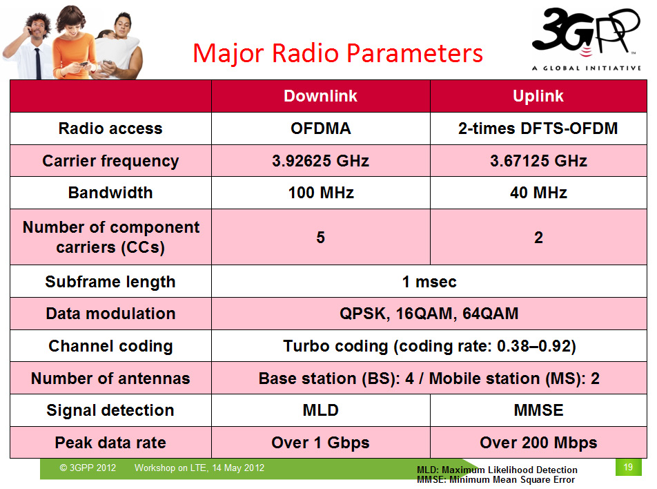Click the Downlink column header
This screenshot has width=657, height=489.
click(320, 96)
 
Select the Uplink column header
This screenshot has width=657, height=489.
click(538, 96)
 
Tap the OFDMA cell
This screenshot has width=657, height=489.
click(320, 128)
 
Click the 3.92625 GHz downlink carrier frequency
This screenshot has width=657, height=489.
click(320, 161)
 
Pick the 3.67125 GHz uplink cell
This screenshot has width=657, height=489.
click(538, 161)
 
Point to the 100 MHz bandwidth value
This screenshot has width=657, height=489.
click(320, 193)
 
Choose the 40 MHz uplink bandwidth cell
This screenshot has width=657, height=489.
click(538, 193)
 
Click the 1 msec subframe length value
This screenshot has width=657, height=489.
click(429, 282)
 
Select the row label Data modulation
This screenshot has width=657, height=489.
click(110, 314)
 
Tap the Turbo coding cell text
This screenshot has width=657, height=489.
click(429, 347)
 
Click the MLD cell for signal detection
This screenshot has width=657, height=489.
click(320, 410)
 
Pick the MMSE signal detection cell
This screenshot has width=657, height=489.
click(538, 410)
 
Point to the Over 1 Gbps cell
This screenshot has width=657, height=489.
click(320, 443)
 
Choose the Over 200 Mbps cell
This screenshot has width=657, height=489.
click(538, 443)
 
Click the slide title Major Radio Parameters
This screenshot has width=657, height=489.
click(337, 53)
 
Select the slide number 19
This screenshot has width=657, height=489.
click(628, 467)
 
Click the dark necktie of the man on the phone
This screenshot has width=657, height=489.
click(38, 64)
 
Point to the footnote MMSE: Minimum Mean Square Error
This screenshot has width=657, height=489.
click(496, 480)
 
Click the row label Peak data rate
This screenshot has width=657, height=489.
click(110, 443)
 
